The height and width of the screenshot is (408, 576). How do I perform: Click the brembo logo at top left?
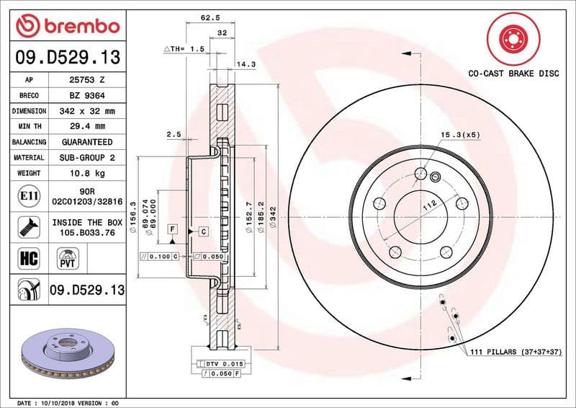coord(68,26)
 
